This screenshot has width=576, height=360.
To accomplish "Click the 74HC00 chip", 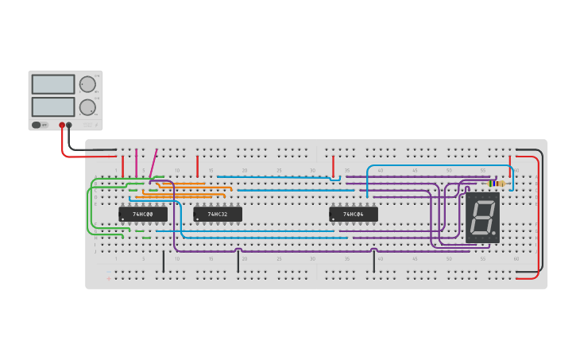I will pyautogui.click(x=143, y=214).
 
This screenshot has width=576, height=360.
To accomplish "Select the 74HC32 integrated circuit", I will pyautogui.click(x=218, y=214).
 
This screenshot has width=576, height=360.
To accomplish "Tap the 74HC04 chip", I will pyautogui.click(x=354, y=214).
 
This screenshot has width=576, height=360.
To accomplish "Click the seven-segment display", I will pyautogui.click(x=482, y=217).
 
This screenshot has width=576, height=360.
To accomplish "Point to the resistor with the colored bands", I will pyautogui.click(x=497, y=183).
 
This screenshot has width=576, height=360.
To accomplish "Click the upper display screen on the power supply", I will pyautogui.click(x=53, y=84).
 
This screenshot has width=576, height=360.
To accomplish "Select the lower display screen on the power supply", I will pyautogui.click(x=53, y=106).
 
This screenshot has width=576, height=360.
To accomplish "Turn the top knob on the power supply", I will pyautogui.click(x=87, y=84).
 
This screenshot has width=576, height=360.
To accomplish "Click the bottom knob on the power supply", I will pyautogui.click(x=87, y=107).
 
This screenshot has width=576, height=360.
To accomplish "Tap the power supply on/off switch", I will pyautogui.click(x=37, y=125).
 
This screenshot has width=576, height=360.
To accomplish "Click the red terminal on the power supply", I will pyautogui.click(x=62, y=125).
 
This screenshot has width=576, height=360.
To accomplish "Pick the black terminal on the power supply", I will pyautogui.click(x=69, y=125).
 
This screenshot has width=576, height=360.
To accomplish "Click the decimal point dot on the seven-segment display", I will pyautogui.click(x=494, y=234).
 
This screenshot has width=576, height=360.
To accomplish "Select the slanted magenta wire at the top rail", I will pyautogui.click(x=153, y=163).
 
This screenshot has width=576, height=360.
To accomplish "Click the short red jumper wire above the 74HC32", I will pyautogui.click(x=198, y=165).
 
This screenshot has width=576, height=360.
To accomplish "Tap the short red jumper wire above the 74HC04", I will pyautogui.click(x=334, y=165).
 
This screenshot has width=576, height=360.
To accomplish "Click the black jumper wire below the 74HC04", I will pyautogui.click(x=374, y=261).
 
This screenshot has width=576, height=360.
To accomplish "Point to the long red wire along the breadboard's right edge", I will pyautogui.click(x=539, y=215).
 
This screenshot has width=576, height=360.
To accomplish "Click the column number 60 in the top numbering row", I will pyautogui.click(x=516, y=170).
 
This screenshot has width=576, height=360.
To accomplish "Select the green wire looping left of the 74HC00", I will pyautogui.click(x=88, y=211).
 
